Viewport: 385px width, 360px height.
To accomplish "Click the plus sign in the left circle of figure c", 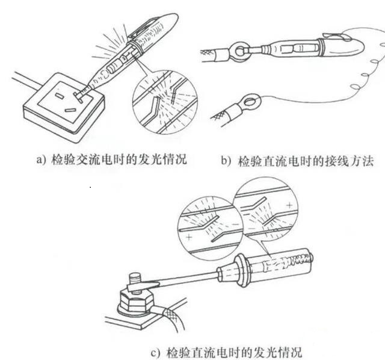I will (x=189, y=238).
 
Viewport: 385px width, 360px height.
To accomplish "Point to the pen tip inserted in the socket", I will (x=77, y=95).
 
